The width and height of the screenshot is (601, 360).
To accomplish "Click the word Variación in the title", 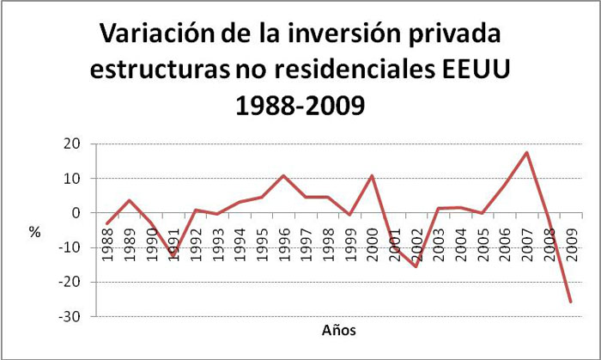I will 161,35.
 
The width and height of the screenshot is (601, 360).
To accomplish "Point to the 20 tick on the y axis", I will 72,144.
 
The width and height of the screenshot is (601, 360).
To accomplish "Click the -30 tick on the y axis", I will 70,317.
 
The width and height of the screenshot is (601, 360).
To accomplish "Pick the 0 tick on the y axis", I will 76,213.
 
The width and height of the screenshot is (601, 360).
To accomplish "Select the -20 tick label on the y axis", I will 70,283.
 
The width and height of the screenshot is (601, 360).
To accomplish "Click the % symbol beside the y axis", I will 34,230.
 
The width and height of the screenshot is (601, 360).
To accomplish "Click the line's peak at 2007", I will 526,153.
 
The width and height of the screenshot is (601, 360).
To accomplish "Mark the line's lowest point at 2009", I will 571,302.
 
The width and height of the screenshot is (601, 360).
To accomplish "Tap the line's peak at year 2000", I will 372,176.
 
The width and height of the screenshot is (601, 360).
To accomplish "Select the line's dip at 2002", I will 416,266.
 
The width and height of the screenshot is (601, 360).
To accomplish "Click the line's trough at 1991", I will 173,256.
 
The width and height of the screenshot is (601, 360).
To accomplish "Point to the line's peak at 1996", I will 283,176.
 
